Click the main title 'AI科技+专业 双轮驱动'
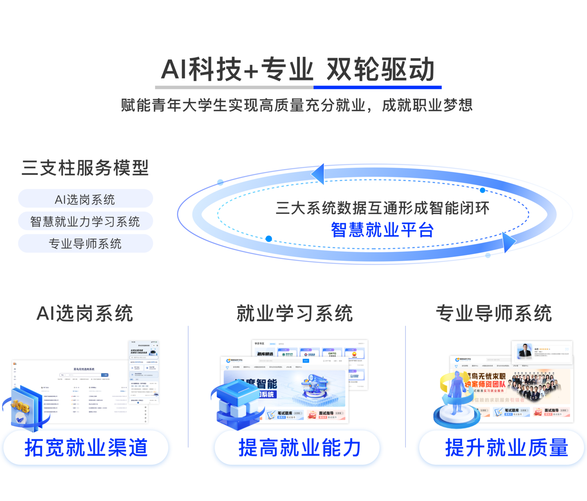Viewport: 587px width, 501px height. point(297,69)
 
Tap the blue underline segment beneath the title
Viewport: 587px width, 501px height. point(377,87)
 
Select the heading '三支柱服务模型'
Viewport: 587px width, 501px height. point(85,168)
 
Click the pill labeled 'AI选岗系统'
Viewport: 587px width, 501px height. point(85,199)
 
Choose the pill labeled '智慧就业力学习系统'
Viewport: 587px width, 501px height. point(85,221)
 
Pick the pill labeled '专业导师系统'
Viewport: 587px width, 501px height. point(85,244)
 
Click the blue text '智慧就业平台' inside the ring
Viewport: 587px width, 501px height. point(382,230)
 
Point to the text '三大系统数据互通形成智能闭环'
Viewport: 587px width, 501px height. point(382,208)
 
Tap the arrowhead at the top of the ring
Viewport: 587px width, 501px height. point(318,174)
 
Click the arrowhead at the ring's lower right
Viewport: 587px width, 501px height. point(508,242)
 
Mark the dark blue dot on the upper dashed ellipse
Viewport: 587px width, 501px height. point(483,190)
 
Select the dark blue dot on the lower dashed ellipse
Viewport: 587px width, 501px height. point(269,239)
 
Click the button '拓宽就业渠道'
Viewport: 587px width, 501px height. point(86,448)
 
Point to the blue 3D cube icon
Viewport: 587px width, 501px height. point(237,403)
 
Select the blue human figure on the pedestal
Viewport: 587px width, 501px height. point(456,396)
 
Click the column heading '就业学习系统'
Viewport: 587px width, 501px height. point(295,313)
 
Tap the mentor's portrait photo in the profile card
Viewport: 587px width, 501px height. point(524,351)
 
